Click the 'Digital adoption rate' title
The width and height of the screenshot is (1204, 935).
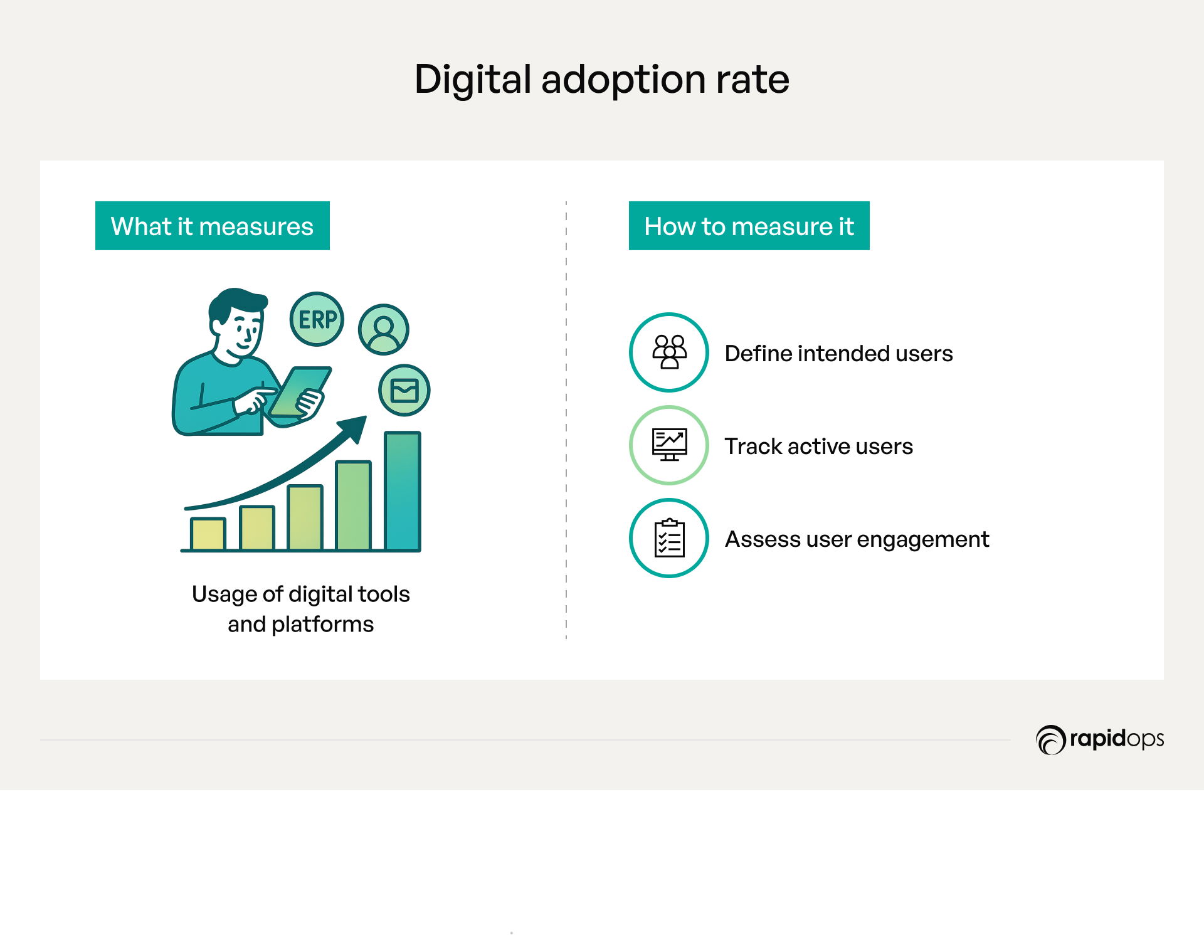click(601, 80)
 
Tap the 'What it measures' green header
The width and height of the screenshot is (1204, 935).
click(213, 226)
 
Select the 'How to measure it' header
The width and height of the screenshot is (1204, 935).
click(749, 226)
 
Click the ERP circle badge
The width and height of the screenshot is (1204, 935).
click(317, 319)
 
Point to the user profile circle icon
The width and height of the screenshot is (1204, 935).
click(384, 329)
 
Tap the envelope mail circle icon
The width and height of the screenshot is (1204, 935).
click(404, 390)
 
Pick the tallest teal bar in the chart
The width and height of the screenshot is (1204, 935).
click(403, 491)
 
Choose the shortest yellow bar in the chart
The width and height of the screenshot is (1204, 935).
click(208, 534)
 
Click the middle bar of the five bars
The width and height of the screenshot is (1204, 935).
click(305, 517)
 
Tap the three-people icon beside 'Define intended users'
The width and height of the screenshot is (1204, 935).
click(669, 352)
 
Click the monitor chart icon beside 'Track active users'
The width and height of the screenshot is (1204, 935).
click(669, 445)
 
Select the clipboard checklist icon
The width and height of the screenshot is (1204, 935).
click(669, 538)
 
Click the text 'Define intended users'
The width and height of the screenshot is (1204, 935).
click(838, 354)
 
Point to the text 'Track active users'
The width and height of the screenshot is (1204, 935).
click(818, 446)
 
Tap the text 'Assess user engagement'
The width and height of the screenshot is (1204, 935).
click(857, 539)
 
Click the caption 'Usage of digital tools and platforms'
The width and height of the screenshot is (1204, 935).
click(300, 609)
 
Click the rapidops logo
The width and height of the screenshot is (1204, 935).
click(1100, 739)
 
